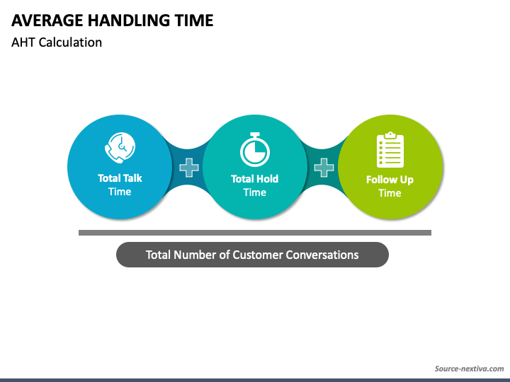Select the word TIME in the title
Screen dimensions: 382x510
point(193,21)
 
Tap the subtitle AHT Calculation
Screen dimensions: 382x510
point(57,42)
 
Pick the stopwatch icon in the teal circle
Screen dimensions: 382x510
point(254,149)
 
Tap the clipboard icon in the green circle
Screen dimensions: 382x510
point(390,150)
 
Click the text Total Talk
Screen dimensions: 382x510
point(120,178)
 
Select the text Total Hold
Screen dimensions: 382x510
point(254,179)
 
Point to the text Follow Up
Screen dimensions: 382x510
point(390,180)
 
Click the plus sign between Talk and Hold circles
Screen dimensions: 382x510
point(188,168)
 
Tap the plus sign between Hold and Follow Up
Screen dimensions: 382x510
point(324,168)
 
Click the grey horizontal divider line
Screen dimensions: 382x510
point(254,232)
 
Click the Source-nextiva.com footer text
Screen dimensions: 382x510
point(468,369)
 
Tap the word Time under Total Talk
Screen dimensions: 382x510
point(120,192)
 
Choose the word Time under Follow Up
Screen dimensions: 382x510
point(390,193)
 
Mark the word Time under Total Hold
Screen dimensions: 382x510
point(254,192)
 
